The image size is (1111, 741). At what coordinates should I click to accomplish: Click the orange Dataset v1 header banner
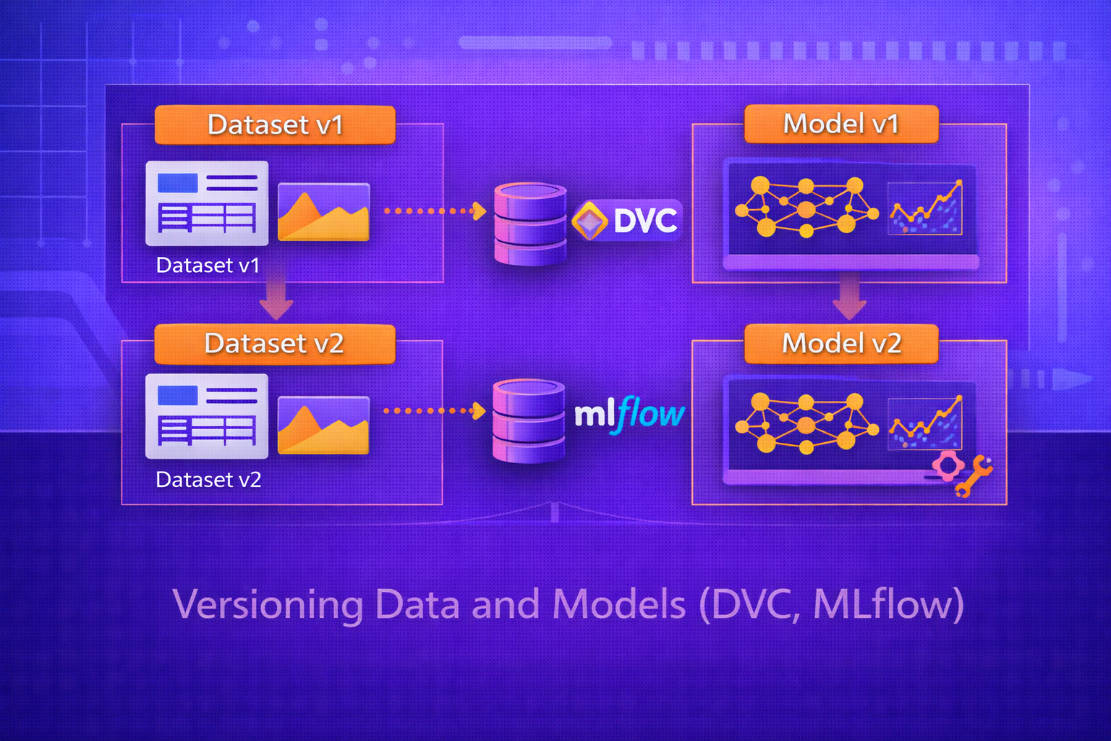tap(275, 124)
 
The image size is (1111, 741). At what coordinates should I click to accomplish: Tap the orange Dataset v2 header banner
tap(275, 344)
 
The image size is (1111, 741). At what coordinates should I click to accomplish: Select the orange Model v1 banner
tap(841, 124)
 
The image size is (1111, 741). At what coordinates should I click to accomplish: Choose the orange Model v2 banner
tap(841, 343)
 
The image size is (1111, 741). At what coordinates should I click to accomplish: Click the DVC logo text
tap(645, 221)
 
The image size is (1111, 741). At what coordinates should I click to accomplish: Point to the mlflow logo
tap(629, 415)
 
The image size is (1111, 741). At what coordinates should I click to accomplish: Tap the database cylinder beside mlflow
tap(528, 420)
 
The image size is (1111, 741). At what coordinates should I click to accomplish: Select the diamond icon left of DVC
tap(589, 221)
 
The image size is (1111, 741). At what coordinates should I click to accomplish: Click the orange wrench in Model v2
tap(974, 476)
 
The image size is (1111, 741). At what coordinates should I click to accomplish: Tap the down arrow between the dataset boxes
tap(276, 300)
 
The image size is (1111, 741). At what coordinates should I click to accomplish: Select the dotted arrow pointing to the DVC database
tap(435, 211)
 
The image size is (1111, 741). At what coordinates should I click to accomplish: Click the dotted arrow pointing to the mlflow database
tap(434, 411)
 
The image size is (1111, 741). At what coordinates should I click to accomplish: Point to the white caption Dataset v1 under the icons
tap(208, 266)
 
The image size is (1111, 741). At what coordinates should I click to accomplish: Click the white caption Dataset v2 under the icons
tap(208, 480)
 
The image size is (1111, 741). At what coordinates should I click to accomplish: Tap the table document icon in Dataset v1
tap(207, 203)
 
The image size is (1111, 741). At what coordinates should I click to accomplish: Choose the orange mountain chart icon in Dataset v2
tap(323, 425)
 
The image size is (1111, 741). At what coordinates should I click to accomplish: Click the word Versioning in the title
tap(268, 604)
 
